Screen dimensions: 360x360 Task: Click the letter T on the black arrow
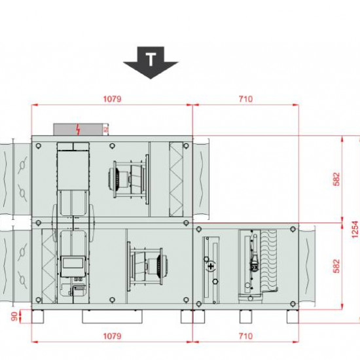(x=151, y=60)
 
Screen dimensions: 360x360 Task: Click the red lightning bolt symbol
(x=79, y=129)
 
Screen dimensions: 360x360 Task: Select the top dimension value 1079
(x=112, y=99)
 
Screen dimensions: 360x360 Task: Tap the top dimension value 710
(x=245, y=99)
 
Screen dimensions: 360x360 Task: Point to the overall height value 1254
(x=355, y=223)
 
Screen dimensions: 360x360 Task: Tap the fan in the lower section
(x=147, y=263)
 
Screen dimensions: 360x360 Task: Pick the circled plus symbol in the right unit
(x=210, y=266)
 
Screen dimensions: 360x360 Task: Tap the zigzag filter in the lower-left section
(x=47, y=265)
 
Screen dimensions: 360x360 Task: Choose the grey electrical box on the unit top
(x=80, y=129)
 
